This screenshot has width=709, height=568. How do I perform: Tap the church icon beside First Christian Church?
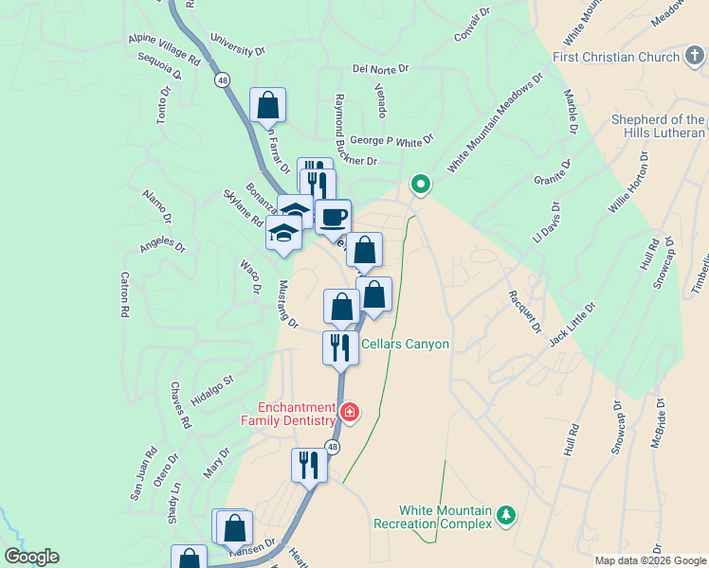[x=697, y=58]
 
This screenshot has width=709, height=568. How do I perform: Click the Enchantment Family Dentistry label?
[x=288, y=413]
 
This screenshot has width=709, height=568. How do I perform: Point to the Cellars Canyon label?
[x=404, y=344]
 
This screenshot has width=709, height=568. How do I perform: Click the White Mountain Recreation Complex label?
[x=433, y=516]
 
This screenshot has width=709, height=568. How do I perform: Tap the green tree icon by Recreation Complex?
[x=507, y=515]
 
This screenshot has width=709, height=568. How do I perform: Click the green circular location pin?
[x=420, y=185]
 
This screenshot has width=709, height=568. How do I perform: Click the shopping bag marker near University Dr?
[x=268, y=105]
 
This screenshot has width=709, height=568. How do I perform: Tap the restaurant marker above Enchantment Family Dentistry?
[x=339, y=347]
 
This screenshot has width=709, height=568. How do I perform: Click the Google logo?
[x=30, y=557]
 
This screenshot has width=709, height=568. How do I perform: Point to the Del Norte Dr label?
[x=380, y=69]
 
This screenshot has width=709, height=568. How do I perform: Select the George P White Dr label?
[x=391, y=139]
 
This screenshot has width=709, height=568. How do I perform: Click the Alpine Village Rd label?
[x=165, y=51]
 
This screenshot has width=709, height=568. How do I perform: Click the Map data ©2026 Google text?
[x=651, y=560]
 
